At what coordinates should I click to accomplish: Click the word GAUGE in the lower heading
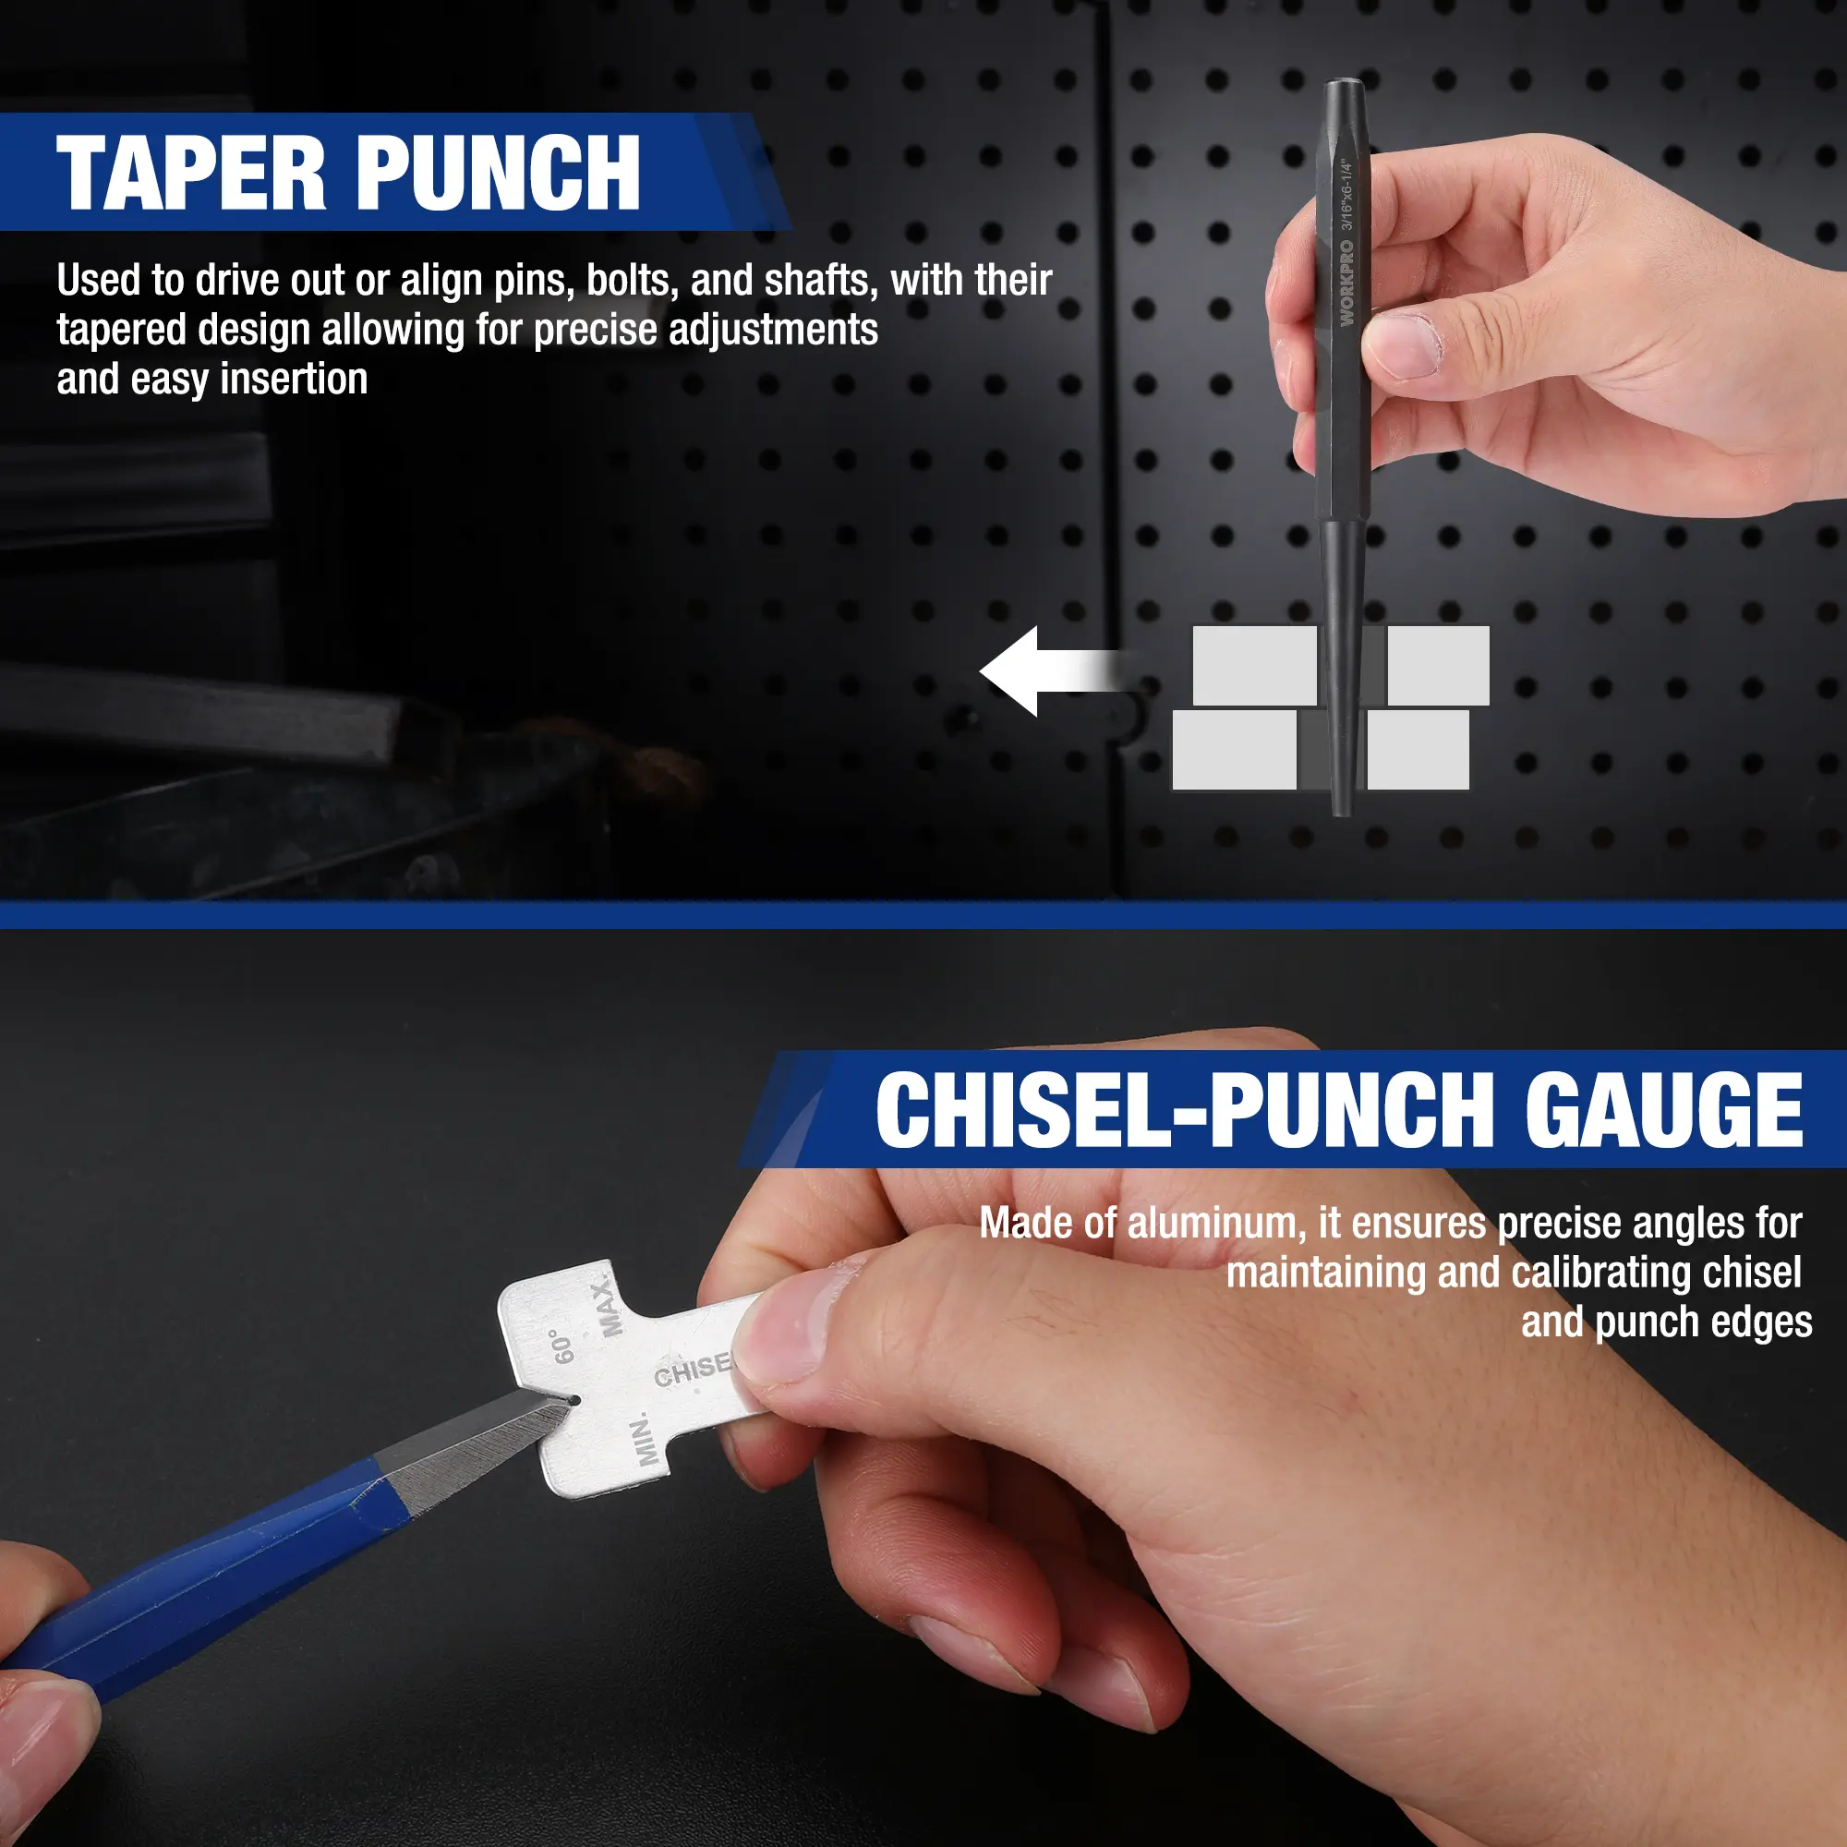[x=1663, y=1109]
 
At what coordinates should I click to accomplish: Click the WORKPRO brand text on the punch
[x=1346, y=283]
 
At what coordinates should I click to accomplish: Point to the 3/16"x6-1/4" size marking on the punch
[x=1348, y=196]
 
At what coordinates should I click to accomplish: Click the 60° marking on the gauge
[x=563, y=1346]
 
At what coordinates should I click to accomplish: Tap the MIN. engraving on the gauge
[x=643, y=1439]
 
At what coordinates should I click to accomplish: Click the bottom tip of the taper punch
[x=1342, y=813]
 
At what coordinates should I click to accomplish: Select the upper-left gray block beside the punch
[x=1255, y=665]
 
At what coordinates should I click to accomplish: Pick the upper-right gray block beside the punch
[x=1438, y=665]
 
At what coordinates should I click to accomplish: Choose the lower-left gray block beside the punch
[x=1234, y=750]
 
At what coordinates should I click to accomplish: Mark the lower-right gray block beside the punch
[x=1418, y=750]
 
